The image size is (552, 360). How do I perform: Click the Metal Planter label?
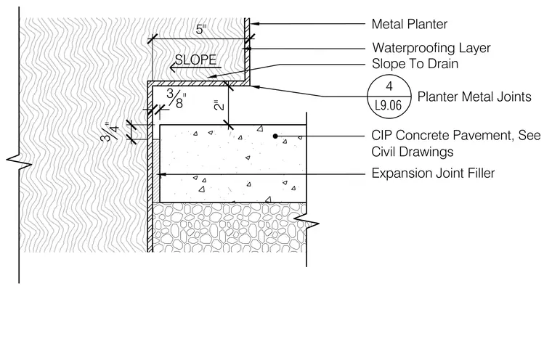pos(410,24)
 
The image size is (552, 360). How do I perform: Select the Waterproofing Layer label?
pos(431,48)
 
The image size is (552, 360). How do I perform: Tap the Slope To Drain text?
pos(415,64)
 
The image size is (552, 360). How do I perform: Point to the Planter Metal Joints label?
pos(474,97)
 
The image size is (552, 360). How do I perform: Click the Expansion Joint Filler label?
pos(433,173)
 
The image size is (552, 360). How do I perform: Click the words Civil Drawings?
pos(413,152)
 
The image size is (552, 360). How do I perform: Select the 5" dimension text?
pos(201,30)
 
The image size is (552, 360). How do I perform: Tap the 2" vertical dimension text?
pos(219,105)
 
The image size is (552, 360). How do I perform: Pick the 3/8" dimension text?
pos(176,99)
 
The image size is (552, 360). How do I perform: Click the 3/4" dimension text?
pos(110,131)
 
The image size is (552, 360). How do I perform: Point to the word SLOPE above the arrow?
pos(195,60)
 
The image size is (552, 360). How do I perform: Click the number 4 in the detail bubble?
pos(389,86)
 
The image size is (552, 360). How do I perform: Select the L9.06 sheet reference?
pos(389,105)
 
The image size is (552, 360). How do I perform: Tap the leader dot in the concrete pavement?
pos(275,136)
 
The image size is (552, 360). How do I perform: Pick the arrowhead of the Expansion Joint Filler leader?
pos(163,174)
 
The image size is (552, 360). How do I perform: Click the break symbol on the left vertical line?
pos(19,162)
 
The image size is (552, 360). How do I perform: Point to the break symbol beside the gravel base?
pos(307,221)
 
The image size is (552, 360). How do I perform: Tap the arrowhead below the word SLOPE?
pos(173,67)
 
